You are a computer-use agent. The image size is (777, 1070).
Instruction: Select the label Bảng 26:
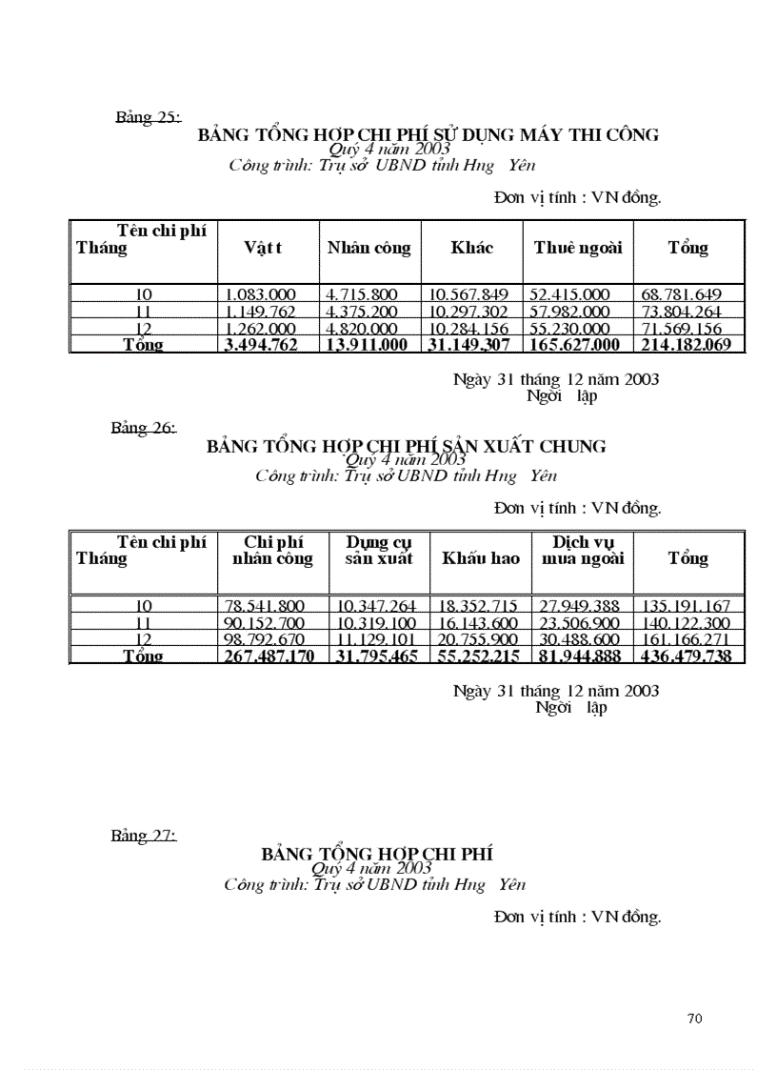pos(143,428)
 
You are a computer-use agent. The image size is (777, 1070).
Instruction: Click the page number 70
pos(694,1019)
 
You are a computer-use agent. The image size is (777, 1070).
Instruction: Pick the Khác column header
pos(471,248)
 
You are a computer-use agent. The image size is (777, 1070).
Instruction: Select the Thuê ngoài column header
pos(577,248)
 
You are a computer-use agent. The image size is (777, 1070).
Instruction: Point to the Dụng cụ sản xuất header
pos(379,551)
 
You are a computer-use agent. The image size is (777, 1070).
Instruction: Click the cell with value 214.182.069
pos(686,345)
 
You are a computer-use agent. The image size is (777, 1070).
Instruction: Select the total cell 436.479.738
pos(689,656)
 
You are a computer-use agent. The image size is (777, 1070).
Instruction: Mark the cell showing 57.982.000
pos(569,312)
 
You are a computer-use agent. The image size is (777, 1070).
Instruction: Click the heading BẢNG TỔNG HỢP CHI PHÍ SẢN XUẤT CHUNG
pos(406,446)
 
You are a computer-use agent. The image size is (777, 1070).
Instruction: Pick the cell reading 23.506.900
pos(579,623)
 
